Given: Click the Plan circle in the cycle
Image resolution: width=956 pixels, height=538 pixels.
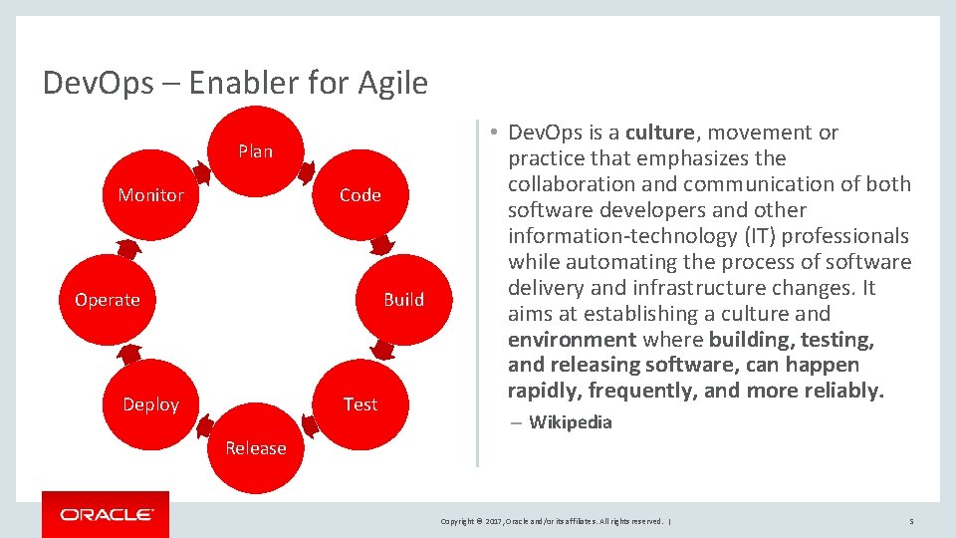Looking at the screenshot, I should coord(255,151).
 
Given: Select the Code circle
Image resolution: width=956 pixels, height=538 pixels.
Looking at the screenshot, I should coord(359,195).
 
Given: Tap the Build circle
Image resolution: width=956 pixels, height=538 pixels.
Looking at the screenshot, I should coord(403,300).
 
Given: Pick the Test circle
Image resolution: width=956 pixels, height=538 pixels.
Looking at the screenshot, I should coord(359,404).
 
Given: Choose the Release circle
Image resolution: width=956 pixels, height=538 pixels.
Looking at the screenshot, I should coord(255,448).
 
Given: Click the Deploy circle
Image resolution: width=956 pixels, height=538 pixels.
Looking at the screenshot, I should coord(150,404).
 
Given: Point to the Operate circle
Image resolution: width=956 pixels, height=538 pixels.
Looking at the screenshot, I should coord(108,300).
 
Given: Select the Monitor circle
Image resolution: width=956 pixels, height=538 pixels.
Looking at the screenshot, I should coord(150,195).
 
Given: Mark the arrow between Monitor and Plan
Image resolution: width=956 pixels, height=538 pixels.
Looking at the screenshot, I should coord(203,173).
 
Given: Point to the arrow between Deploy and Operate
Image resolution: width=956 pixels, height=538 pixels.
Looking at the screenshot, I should coord(128,353).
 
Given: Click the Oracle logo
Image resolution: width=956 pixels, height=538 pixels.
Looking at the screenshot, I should coord(106,514).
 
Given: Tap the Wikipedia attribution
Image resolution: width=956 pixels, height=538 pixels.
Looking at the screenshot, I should coord(570,422).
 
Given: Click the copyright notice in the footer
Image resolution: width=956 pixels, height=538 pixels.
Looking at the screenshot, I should coord(553,521).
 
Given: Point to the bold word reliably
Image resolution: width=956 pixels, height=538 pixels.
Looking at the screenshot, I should coord(844,392).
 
